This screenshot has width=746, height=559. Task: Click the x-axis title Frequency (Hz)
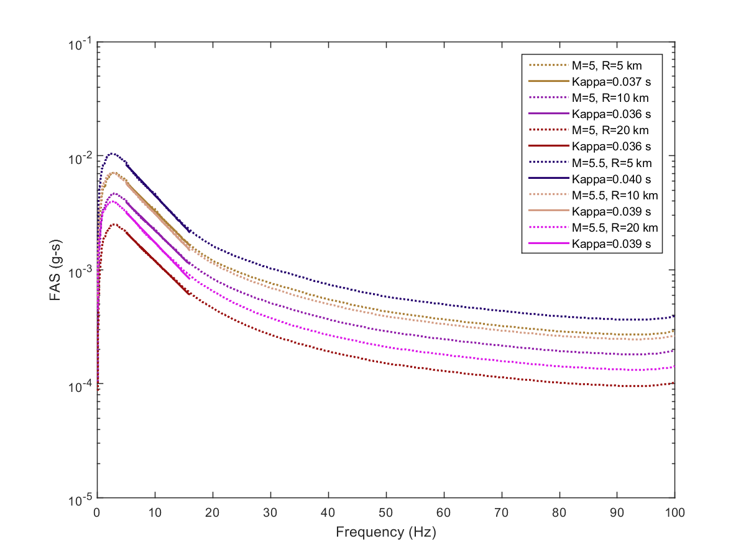point(385,532)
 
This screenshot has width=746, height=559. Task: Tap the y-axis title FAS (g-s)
point(55,270)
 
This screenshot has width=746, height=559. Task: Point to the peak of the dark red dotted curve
point(113,224)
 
